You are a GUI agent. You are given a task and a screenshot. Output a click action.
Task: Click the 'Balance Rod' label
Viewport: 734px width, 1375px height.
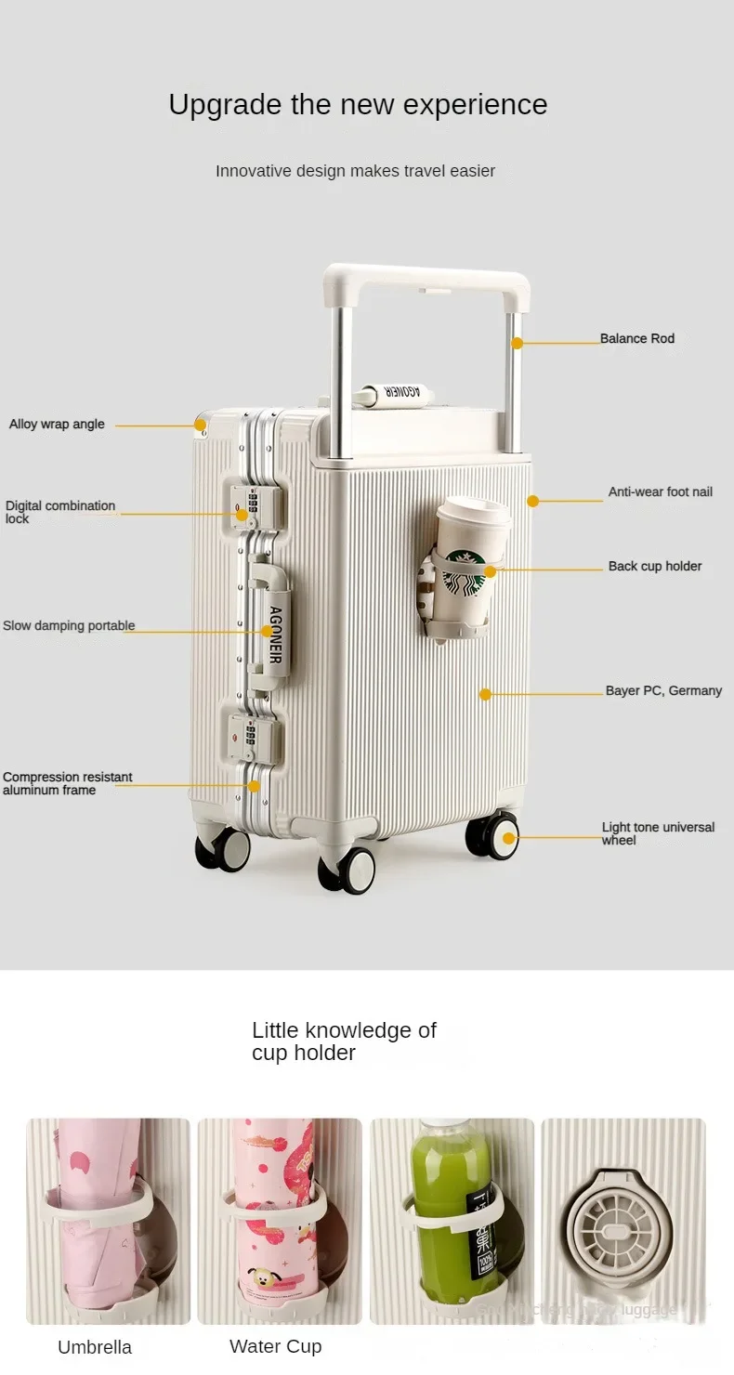coord(636,339)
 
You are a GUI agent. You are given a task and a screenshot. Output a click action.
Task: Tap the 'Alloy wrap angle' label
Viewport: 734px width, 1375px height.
coord(57,425)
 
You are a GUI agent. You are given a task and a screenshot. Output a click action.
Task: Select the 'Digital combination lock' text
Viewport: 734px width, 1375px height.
coord(60,512)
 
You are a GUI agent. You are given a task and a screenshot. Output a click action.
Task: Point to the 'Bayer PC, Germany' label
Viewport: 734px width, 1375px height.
coord(663,691)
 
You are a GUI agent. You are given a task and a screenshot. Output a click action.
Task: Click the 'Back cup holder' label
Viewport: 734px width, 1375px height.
coord(655,567)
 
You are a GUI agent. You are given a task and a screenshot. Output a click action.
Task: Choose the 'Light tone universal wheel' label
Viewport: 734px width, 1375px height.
coord(658,833)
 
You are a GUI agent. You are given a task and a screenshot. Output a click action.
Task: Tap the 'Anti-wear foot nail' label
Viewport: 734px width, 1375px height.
coord(660,492)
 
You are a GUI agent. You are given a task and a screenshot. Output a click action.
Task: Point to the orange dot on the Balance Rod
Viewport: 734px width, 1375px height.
coord(518,343)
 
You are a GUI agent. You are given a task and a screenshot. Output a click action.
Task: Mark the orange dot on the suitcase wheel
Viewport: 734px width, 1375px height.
coord(509,838)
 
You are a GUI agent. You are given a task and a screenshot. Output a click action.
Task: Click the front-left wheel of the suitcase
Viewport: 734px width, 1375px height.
coord(223,849)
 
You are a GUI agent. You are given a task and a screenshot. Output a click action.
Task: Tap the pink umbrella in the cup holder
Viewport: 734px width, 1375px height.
coord(98,1208)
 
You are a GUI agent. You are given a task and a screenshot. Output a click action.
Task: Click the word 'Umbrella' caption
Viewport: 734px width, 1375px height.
coord(95,1347)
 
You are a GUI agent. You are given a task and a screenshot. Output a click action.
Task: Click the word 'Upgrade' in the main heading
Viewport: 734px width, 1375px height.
coord(226,105)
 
